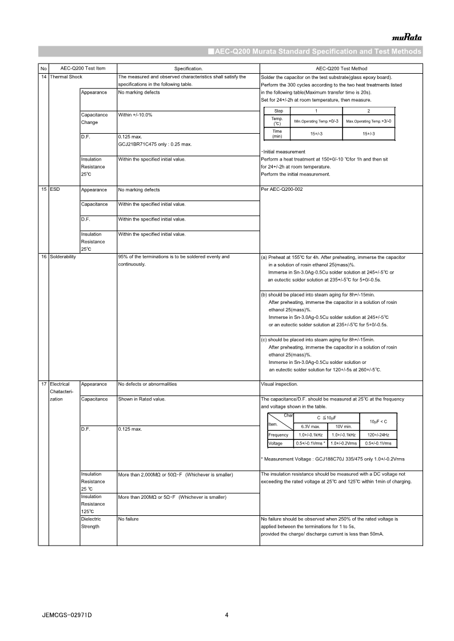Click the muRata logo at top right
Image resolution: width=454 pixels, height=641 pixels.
pyautogui.click(x=407, y=38)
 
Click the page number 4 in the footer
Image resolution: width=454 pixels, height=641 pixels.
pyautogui.click(x=227, y=615)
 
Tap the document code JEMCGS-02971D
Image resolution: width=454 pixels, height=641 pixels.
pyautogui.click(x=67, y=615)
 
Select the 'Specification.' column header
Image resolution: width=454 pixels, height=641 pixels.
pyautogui.click(x=188, y=69)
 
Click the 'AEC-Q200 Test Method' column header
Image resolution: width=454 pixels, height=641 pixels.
pyautogui.click(x=341, y=69)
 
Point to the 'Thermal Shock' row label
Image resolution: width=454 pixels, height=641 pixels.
pyautogui.click(x=66, y=77)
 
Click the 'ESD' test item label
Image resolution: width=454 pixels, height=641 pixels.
pyautogui.click(x=55, y=190)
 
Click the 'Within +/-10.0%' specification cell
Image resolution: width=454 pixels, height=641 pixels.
pyautogui.click(x=135, y=115)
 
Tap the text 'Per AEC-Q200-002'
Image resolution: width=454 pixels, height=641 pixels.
pyautogui.click(x=282, y=190)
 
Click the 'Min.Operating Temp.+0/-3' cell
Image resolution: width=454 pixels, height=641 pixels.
pyautogui.click(x=316, y=121)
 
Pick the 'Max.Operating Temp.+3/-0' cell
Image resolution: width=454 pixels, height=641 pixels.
pyautogui.click(x=368, y=121)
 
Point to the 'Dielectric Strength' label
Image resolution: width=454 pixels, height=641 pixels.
pyautogui.click(x=91, y=523)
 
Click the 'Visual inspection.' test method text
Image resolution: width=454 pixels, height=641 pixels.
pyautogui.click(x=279, y=384)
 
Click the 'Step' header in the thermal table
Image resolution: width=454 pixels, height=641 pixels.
pyautogui.click(x=278, y=110)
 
